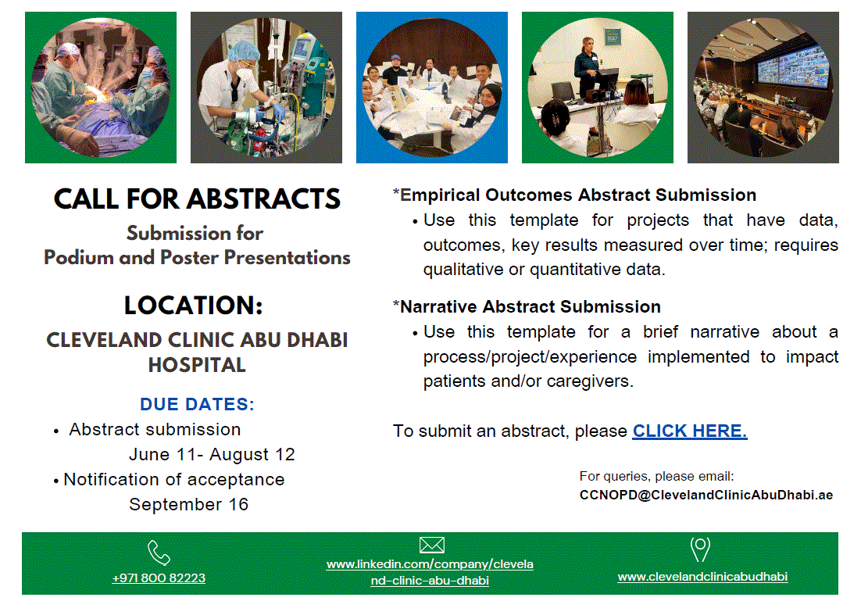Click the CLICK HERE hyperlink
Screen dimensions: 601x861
pos(689,431)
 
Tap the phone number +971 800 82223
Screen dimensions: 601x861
pos(159,578)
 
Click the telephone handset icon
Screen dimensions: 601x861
pos(159,553)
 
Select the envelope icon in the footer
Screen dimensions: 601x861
pos(430,546)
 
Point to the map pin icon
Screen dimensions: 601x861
pos(700,549)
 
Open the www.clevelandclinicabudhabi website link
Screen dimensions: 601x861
pos(702,577)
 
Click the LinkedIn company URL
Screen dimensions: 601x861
pos(430,572)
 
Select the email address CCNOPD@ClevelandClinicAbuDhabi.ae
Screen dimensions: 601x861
pos(706,495)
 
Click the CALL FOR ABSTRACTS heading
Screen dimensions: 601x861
pos(197,199)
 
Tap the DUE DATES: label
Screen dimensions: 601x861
pos(197,405)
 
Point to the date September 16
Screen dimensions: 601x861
pos(188,504)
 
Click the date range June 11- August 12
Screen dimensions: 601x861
pos(212,454)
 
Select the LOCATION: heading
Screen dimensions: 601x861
pos(193,305)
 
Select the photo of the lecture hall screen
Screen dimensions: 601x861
pos(763,88)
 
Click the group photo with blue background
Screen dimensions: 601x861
pos(431,88)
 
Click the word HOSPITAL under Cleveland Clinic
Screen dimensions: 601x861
pos(197,364)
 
